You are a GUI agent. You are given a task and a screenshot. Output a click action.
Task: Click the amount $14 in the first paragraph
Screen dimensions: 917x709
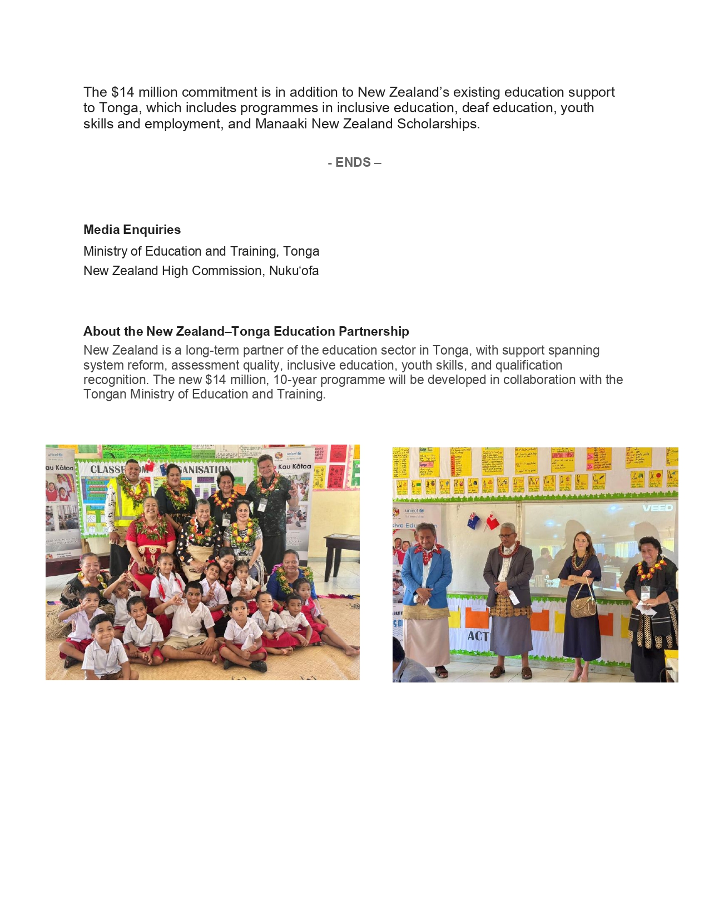pos(122,92)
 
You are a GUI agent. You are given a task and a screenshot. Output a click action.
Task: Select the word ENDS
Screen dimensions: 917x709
pos(353,162)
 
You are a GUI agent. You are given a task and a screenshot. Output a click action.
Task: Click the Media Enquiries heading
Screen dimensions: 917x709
pos(132,230)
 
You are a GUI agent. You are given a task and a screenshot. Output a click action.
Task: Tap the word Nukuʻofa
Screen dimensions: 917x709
pos(294,271)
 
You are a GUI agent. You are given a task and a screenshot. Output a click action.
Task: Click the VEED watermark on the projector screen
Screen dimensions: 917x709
pos(657,508)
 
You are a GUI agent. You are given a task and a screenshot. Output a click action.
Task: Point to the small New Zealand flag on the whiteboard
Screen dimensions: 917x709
pos(474,521)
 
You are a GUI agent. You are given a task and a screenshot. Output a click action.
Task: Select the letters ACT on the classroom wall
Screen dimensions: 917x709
pos(478,636)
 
